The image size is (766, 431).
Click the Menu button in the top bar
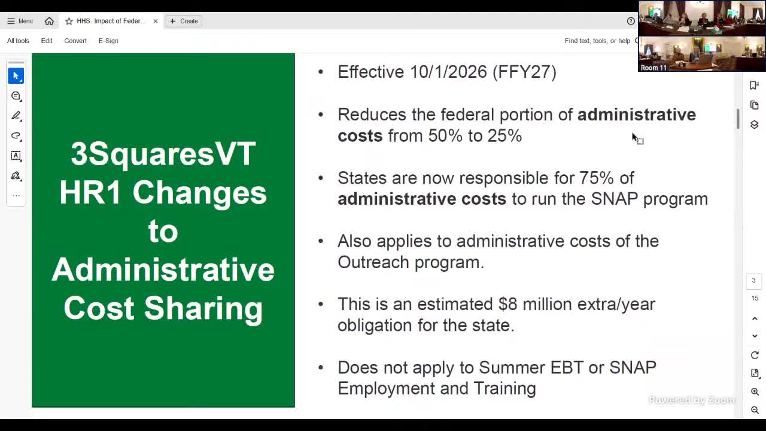(20, 21)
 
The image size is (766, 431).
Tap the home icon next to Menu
(49, 21)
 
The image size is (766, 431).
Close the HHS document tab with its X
(156, 21)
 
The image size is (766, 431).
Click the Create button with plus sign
(184, 21)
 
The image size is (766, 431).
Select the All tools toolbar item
(18, 41)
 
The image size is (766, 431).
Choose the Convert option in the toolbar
(75, 41)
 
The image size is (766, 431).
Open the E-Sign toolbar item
(108, 41)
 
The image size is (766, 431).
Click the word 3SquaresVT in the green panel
(163, 154)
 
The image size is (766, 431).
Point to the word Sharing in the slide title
(203, 308)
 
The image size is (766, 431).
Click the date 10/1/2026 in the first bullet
(448, 72)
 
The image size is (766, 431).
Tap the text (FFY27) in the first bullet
(524, 72)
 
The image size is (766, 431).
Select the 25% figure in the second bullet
(504, 135)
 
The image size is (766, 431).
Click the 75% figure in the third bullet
(596, 178)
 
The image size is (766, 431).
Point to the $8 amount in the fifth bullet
(507, 304)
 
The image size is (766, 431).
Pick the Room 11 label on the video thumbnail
(653, 68)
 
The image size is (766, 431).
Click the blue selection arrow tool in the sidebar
(16, 76)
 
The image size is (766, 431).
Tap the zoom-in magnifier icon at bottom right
(755, 391)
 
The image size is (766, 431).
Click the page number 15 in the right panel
(755, 298)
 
